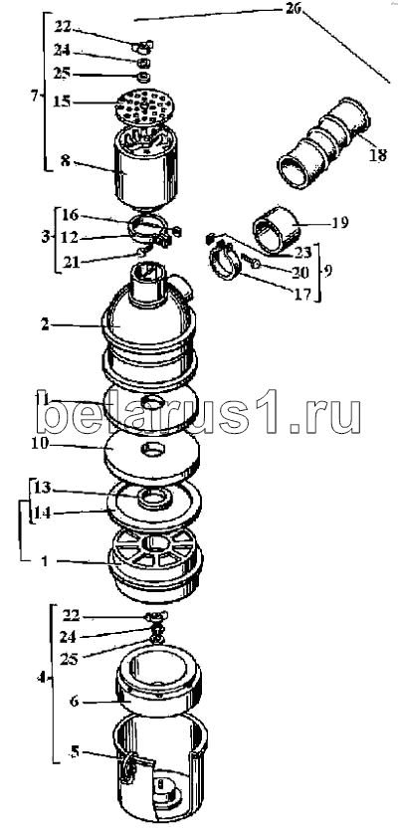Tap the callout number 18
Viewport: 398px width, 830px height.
click(378, 156)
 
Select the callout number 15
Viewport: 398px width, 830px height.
click(62, 101)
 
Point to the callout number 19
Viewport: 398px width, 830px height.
click(339, 223)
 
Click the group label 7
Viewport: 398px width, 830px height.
click(34, 96)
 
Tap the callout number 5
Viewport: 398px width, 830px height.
click(76, 751)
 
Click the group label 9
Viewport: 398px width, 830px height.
click(328, 270)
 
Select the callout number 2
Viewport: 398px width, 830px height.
click(45, 324)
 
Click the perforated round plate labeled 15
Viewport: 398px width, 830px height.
click(145, 105)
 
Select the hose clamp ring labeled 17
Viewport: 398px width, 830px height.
click(223, 262)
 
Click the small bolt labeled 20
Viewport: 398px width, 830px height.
click(251, 260)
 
